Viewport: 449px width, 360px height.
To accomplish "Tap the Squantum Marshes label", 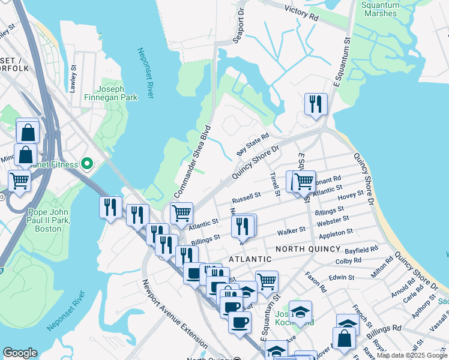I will pos(380,8).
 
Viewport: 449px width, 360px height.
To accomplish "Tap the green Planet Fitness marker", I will pos(87,163).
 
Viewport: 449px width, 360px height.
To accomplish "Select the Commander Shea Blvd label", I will pos(193,161).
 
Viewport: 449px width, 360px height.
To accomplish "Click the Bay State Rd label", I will pos(252,145).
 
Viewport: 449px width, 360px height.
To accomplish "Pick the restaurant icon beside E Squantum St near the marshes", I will pos(315,104).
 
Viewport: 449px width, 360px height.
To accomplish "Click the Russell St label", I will pos(247,196).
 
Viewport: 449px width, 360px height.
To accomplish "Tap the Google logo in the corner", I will pos(20,353).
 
